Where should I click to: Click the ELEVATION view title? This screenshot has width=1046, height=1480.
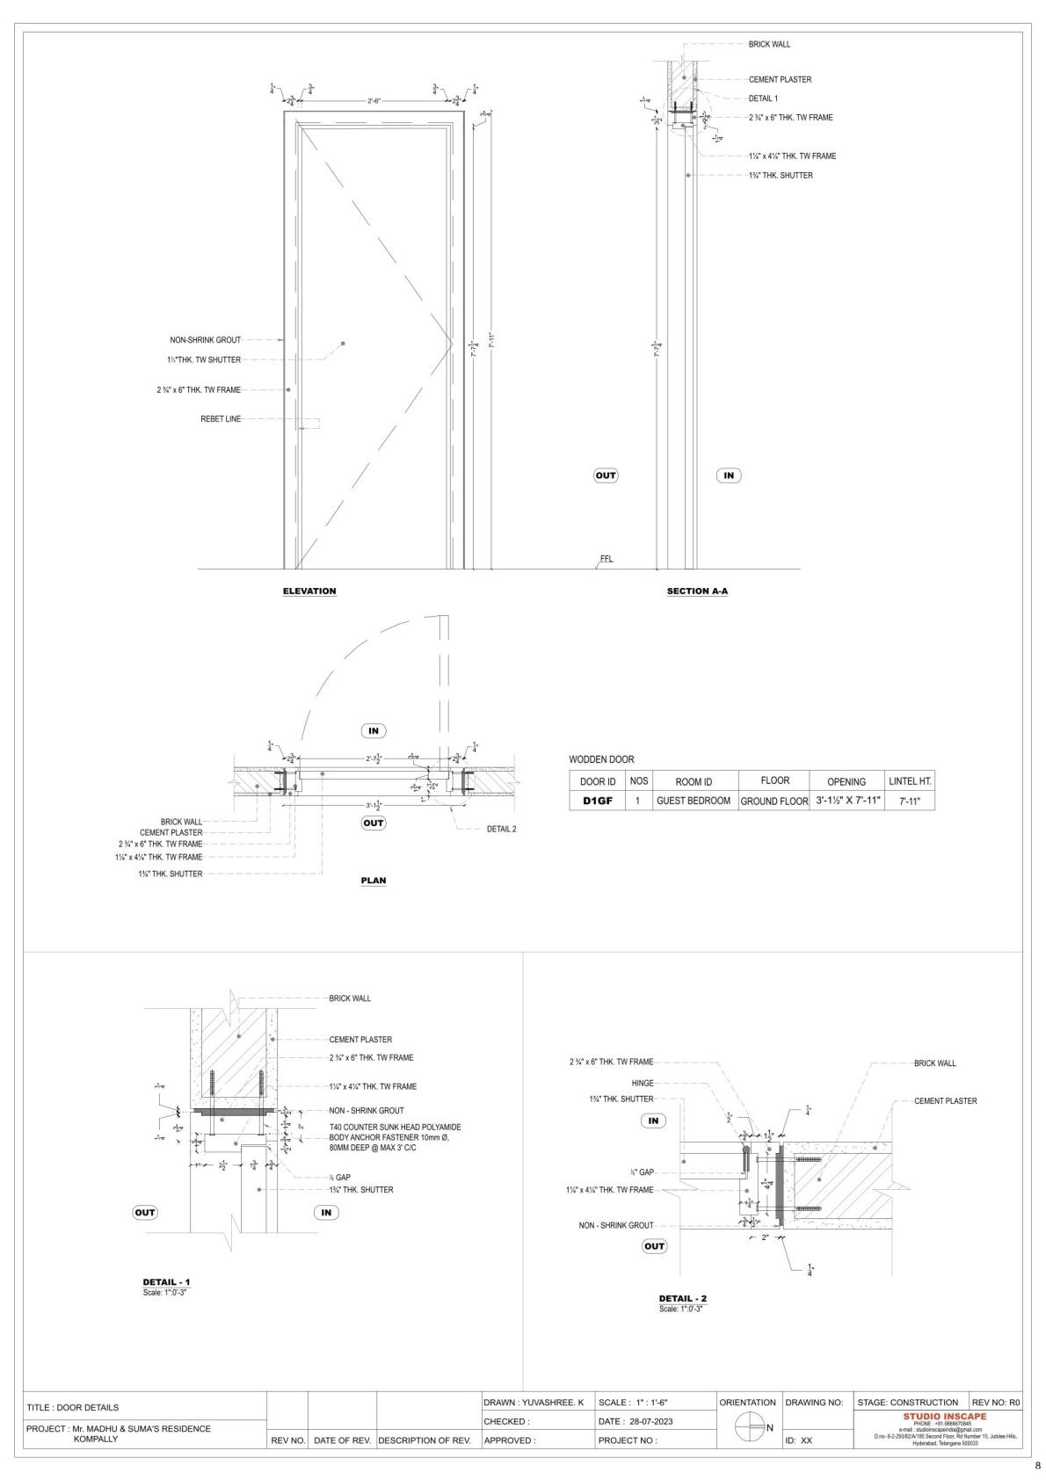(309, 591)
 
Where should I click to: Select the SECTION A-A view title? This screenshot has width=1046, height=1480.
(697, 591)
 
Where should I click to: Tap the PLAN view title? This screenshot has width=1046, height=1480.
(374, 881)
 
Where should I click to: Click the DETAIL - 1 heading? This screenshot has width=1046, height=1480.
(166, 1282)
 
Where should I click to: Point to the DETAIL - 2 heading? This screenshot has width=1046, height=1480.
(683, 1298)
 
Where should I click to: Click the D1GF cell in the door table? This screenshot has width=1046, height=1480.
(598, 801)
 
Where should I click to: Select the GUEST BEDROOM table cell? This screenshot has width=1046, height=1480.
(694, 801)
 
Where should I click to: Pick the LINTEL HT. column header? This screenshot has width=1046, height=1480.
(910, 780)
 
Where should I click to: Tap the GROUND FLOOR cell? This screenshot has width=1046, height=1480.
(774, 802)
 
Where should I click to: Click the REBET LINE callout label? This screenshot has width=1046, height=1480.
(221, 419)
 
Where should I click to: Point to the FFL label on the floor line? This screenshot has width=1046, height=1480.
(607, 559)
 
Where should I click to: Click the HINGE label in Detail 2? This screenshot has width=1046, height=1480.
(642, 1083)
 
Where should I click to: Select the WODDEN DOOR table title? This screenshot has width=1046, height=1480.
(601, 759)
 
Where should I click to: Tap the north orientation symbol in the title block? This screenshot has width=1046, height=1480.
(749, 1427)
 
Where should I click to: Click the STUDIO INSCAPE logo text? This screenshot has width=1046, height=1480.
(944, 1416)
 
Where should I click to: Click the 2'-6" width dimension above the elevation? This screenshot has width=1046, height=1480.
(374, 101)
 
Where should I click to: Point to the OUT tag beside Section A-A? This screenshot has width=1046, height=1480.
(606, 475)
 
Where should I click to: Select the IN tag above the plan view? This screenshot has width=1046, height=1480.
(374, 730)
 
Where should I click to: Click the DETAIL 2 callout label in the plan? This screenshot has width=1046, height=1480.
(501, 829)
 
